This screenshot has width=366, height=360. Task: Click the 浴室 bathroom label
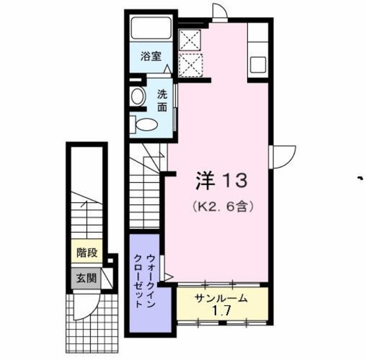[x=151, y=57]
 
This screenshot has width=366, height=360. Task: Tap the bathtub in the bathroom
[x=150, y=29]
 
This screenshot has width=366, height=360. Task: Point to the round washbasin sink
[x=137, y=96]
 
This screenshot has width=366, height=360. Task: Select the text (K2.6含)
[x=221, y=204]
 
